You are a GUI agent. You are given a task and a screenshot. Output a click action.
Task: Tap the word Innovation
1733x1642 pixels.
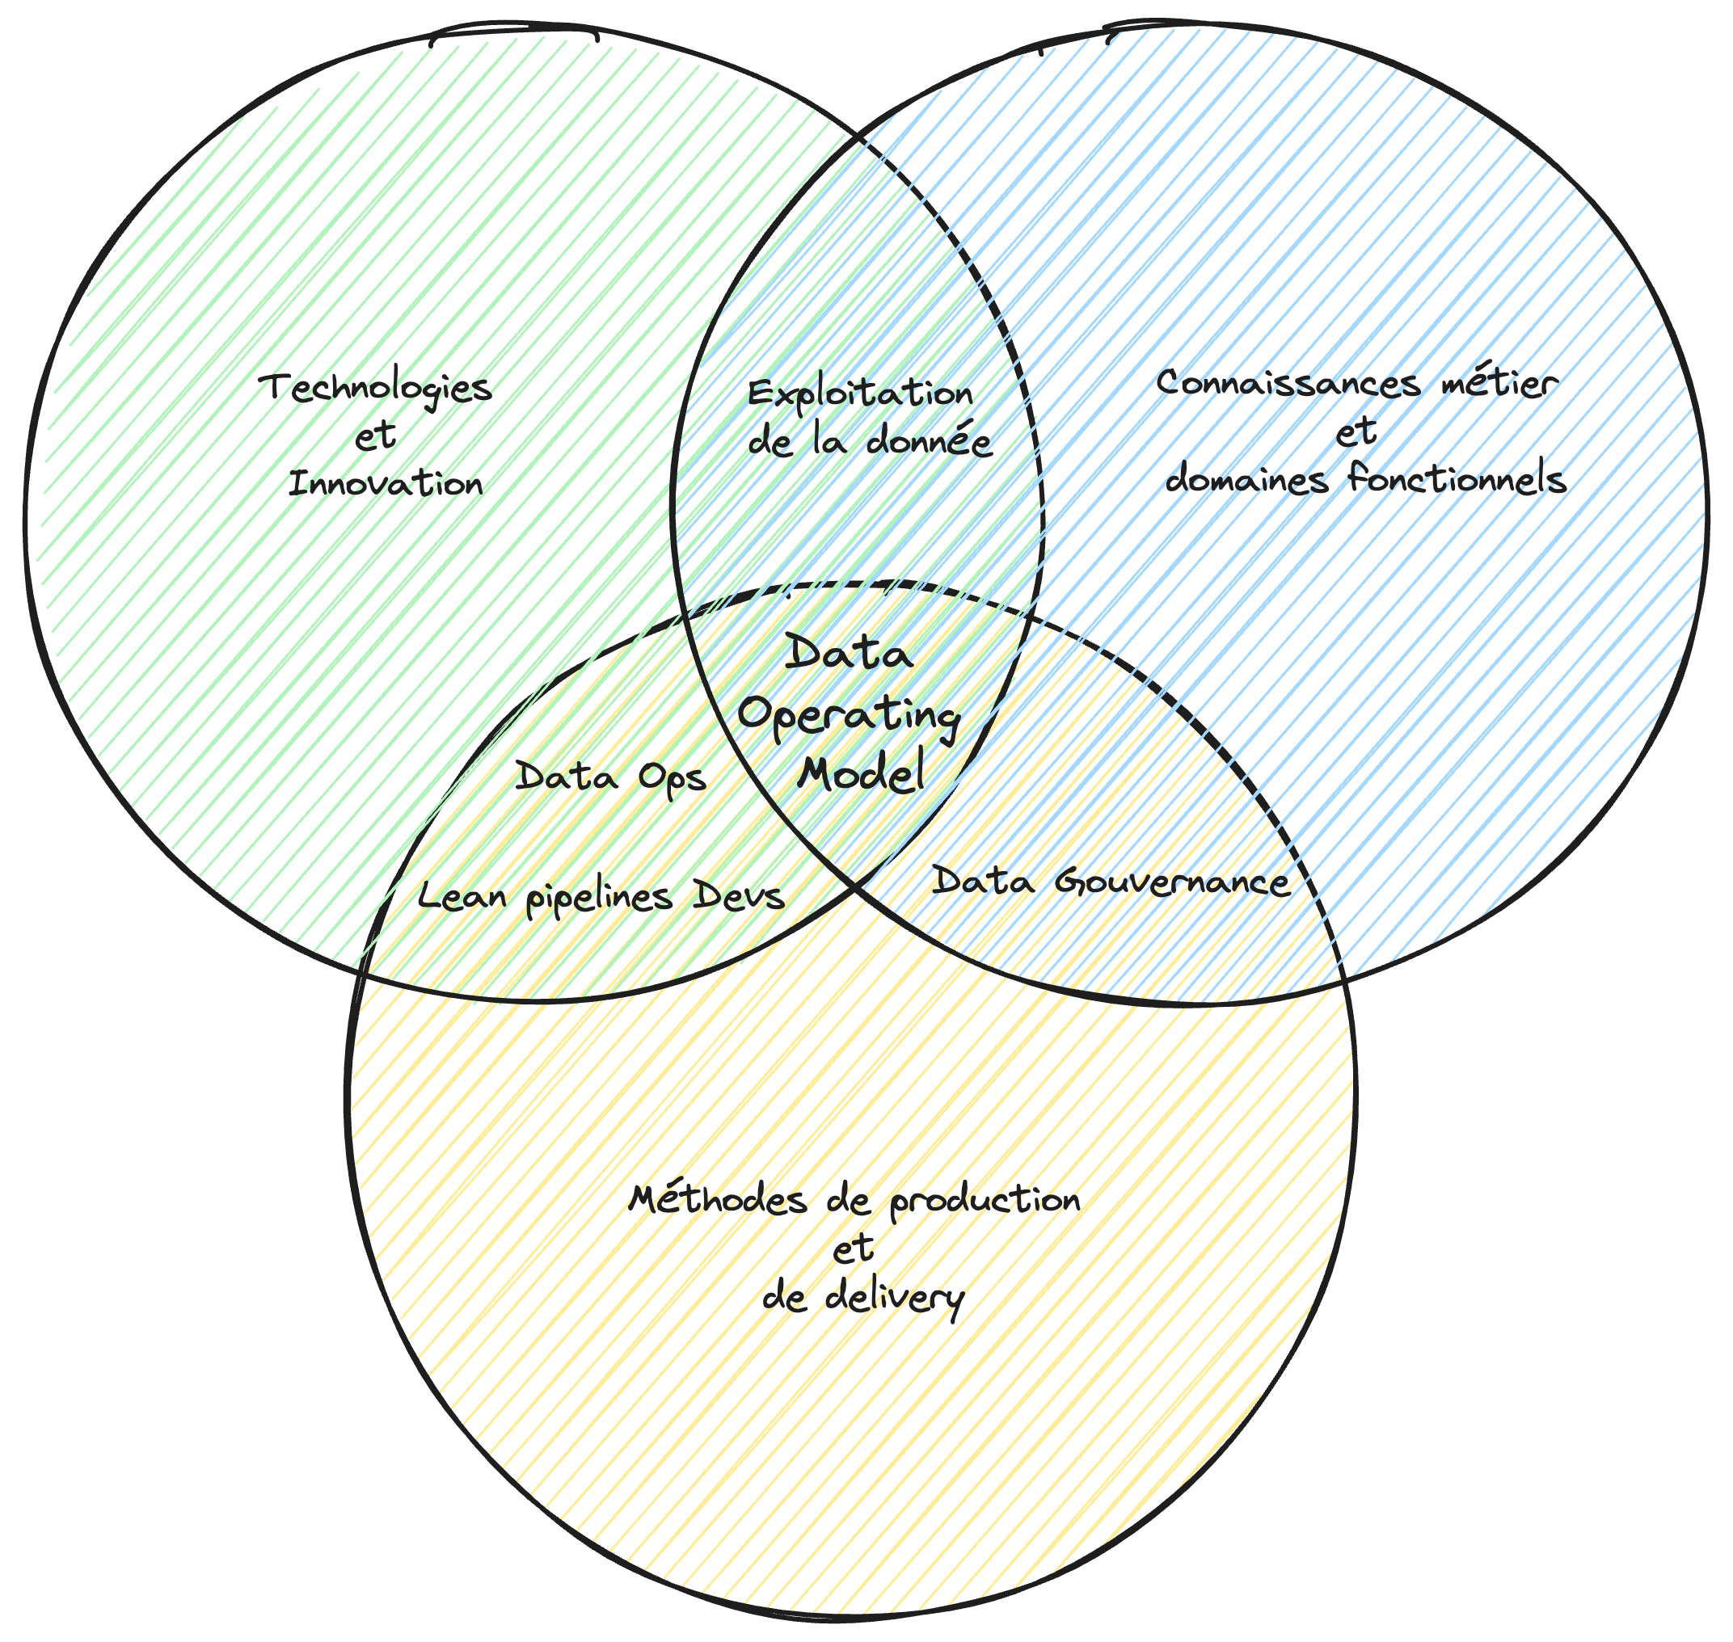click(x=386, y=483)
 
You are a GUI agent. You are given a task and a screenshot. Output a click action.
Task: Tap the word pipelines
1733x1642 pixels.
click(x=600, y=898)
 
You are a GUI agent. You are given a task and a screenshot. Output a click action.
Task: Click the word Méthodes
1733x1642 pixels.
click(x=718, y=1198)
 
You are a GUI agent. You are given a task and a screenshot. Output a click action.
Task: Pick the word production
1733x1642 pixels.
click(x=985, y=1200)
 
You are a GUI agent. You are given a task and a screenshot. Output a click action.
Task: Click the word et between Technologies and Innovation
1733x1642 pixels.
click(x=376, y=435)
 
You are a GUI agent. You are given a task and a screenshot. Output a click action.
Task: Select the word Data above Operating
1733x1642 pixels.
click(x=849, y=654)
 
